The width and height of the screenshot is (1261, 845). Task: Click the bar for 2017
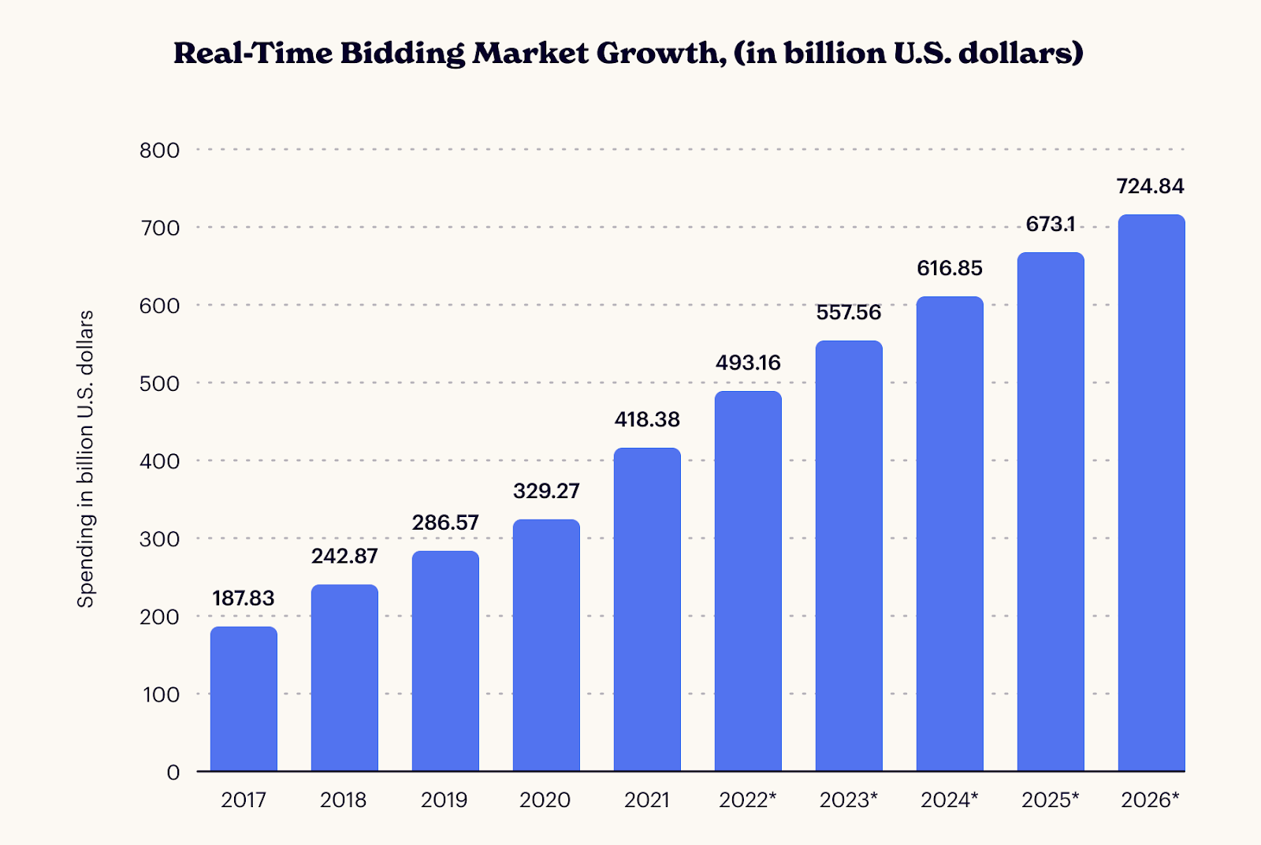pyautogui.click(x=244, y=698)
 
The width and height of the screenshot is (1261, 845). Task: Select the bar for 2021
pyautogui.click(x=647, y=609)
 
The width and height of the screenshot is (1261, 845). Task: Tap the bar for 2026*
pyautogui.click(x=1151, y=493)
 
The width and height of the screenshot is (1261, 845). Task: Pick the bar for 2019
pyautogui.click(x=445, y=661)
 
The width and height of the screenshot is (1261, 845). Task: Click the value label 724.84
pyautogui.click(x=1150, y=187)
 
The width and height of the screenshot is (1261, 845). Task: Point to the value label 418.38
pyautogui.click(x=647, y=419)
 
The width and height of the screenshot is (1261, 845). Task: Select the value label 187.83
pyautogui.click(x=244, y=598)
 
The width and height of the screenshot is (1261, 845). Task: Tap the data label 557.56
pyautogui.click(x=848, y=313)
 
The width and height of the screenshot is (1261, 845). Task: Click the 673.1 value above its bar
pyautogui.click(x=1050, y=225)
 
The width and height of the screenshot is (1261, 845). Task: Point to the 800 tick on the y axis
pyautogui.click(x=159, y=150)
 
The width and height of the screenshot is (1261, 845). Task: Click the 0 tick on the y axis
pyautogui.click(x=173, y=772)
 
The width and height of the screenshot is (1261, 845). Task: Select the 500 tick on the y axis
pyautogui.click(x=159, y=384)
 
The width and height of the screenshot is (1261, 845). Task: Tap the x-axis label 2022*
pyautogui.click(x=747, y=800)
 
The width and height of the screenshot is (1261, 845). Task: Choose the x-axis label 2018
pyautogui.click(x=344, y=800)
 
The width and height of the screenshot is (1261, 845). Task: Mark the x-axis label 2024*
pyautogui.click(x=949, y=800)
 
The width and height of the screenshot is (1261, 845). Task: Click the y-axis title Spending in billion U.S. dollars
pyautogui.click(x=85, y=459)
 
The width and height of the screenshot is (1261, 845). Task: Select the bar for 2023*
pyautogui.click(x=849, y=556)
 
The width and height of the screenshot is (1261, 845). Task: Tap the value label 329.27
pyautogui.click(x=546, y=491)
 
